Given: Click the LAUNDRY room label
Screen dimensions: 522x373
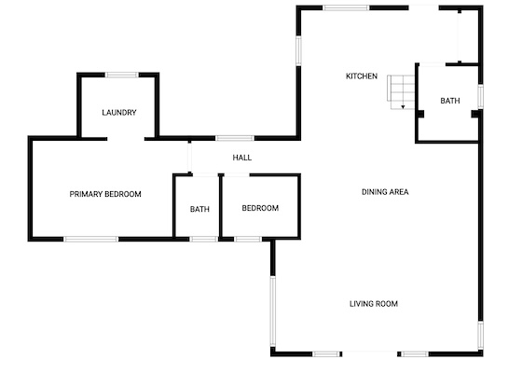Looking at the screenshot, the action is point(119,113).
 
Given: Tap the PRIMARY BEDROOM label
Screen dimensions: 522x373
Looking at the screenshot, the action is point(105,194).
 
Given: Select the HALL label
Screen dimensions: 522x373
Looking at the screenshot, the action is point(242,158).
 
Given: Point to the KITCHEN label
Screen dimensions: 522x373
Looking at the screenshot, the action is point(362,76).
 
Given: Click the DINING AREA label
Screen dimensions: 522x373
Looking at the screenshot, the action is point(385,192).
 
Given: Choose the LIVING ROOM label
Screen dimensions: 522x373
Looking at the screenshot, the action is point(374,304).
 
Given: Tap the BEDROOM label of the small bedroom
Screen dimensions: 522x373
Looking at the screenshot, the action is point(260,208).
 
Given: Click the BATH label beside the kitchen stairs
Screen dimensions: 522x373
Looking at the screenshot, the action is point(450,101).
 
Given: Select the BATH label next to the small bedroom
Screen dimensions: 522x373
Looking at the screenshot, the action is point(199,209).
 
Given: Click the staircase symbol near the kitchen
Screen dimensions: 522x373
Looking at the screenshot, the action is point(401,92).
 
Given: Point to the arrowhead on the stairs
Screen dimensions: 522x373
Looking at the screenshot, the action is point(403,107).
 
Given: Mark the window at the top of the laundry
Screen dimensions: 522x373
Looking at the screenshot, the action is point(121,75).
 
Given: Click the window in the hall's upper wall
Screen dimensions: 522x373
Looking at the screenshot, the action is point(235,138).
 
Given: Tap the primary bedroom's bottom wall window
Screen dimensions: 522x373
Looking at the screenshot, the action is point(91,239).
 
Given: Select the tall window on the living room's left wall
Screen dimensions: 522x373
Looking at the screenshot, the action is point(272,311).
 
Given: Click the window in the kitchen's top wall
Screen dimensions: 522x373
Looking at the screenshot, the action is point(346,7).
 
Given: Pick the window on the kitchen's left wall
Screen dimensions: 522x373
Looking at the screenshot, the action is point(298,50).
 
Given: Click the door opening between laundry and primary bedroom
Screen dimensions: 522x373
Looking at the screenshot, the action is point(126,139).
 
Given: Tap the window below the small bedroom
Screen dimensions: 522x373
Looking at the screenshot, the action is point(248,239).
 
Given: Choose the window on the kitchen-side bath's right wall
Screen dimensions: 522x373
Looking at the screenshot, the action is point(480,96).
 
